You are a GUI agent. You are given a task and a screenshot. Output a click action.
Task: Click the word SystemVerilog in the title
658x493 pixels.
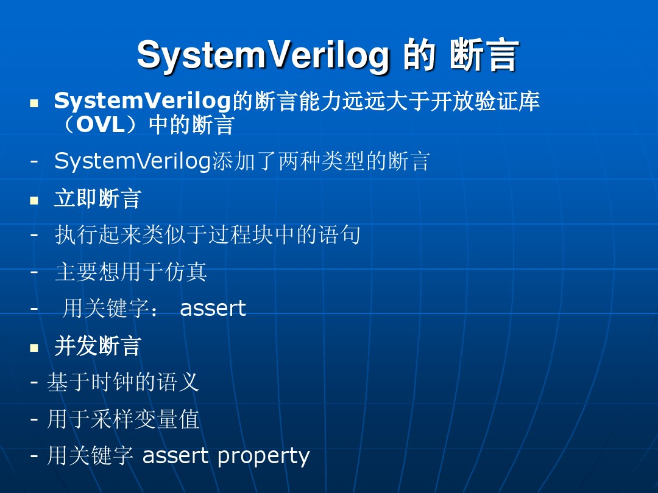tap(263, 55)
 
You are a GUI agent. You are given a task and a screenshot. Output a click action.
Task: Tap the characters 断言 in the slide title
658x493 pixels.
tap(484, 55)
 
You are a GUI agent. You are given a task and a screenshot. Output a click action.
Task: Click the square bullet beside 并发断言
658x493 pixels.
tap(34, 348)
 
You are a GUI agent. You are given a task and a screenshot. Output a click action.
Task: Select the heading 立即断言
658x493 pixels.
tap(97, 199)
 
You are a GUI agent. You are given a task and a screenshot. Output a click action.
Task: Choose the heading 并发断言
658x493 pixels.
tap(97, 346)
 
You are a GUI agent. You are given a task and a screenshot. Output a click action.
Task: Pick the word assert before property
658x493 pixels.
tap(175, 456)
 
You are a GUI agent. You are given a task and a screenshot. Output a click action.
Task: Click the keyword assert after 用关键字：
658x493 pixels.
tap(213, 309)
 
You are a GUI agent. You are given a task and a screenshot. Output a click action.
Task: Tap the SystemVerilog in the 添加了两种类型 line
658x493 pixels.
tap(132, 161)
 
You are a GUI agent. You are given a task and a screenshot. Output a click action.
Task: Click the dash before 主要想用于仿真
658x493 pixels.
tap(34, 271)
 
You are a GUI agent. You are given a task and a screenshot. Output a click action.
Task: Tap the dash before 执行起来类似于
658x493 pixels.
tap(34, 235)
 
